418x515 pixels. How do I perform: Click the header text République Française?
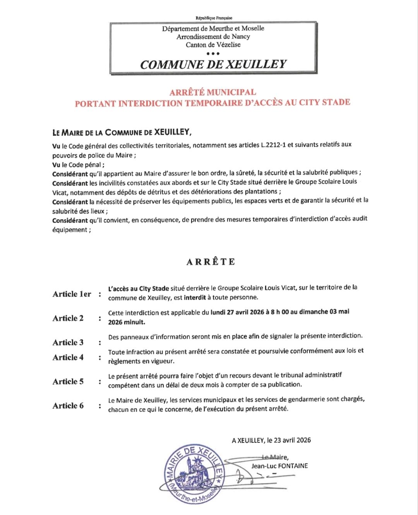[x=214, y=18]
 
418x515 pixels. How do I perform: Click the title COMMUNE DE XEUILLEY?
[x=213, y=64]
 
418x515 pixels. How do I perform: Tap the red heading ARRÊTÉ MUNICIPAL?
[x=212, y=92]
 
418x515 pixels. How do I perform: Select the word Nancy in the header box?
[x=241, y=37]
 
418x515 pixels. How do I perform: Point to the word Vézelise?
[x=228, y=45]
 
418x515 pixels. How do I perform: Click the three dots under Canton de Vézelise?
[x=213, y=53]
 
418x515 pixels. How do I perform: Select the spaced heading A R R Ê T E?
[x=211, y=262]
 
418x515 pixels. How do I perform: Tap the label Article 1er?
[x=72, y=294]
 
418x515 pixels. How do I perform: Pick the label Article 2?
[x=68, y=318]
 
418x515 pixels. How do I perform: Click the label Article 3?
[x=68, y=342]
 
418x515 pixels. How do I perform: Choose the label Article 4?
[x=68, y=357]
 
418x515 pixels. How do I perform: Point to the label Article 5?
[x=68, y=381]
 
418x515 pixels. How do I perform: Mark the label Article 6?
[x=68, y=406]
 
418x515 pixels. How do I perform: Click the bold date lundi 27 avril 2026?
[x=237, y=312]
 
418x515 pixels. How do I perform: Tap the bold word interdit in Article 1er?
[x=195, y=298]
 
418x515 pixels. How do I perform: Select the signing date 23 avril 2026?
[x=292, y=440]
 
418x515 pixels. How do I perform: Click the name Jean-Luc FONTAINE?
[x=279, y=466]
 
